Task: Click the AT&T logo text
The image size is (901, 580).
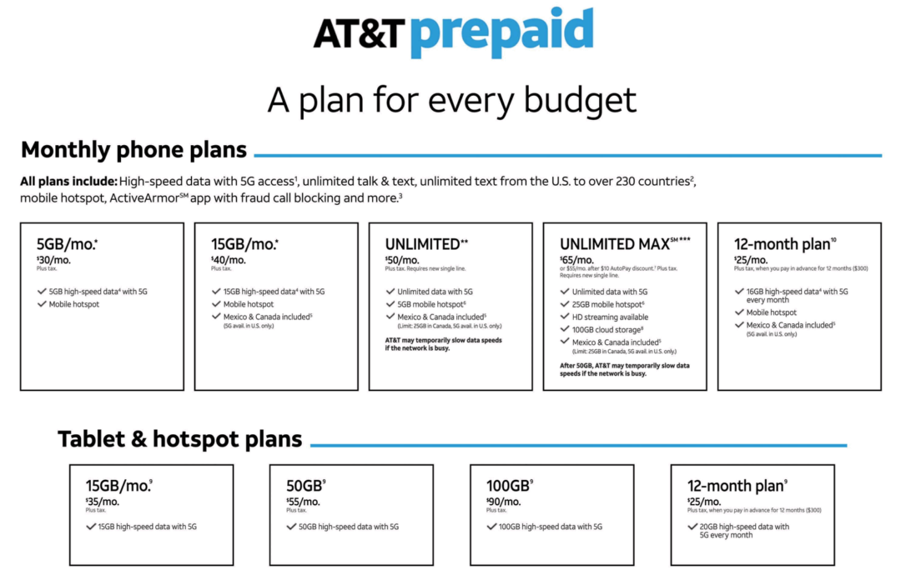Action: pyautogui.click(x=359, y=33)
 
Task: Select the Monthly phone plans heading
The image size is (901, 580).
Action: pyautogui.click(x=133, y=150)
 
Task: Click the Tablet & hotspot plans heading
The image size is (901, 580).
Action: pyautogui.click(x=179, y=439)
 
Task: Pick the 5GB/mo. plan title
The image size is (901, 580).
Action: pyautogui.click(x=68, y=245)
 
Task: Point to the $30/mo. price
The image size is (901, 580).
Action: pyautogui.click(x=54, y=260)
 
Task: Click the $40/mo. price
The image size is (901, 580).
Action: pyautogui.click(x=229, y=260)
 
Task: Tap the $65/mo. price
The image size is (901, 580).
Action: pyautogui.click(x=577, y=260)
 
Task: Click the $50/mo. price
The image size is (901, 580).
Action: pyautogui.click(x=403, y=260)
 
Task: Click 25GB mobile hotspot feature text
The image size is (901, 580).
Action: pyautogui.click(x=608, y=304)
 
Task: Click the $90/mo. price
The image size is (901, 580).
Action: pyautogui.click(x=504, y=502)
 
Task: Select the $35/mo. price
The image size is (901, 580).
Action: pyautogui.click(x=103, y=502)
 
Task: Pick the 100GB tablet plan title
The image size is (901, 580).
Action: pyautogui.click(x=507, y=485)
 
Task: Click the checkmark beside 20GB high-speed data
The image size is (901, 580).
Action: pyautogui.click(x=693, y=527)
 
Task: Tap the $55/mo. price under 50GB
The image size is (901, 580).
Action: pyautogui.click(x=304, y=502)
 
